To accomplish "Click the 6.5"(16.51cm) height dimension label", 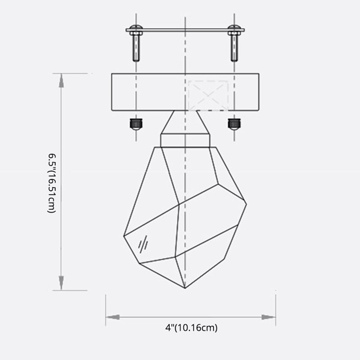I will pyautogui.click(x=52, y=183).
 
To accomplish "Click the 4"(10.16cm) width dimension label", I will pyautogui.click(x=191, y=328).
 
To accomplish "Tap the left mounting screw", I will pyautogui.click(x=136, y=47).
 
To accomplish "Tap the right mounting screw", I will pyautogui.click(x=234, y=47).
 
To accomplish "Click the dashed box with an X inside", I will pyautogui.click(x=207, y=95).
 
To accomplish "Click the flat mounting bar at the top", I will pyautogui.click(x=184, y=31).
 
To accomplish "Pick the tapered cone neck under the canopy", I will pyautogui.click(x=184, y=122).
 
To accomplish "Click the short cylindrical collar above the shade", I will pyautogui.click(x=184, y=139).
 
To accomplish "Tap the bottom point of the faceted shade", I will pyautogui.click(x=185, y=288).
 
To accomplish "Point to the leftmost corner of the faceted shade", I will pyautogui.click(x=124, y=235).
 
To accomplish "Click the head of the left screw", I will pyautogui.click(x=136, y=30).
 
